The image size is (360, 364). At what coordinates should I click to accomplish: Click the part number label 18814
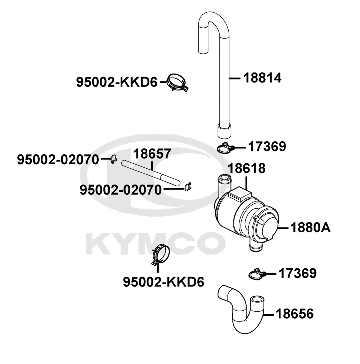coord(262,78)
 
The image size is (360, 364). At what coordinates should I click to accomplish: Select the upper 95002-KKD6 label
coord(117,83)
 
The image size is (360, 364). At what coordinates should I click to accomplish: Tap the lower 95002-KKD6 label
coord(163,281)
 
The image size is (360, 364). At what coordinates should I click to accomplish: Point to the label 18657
coord(152,154)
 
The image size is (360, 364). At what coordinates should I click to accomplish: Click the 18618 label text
coord(247,168)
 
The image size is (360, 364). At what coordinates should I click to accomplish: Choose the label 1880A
coord(310,228)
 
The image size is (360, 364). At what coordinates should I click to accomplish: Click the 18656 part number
coord(294,314)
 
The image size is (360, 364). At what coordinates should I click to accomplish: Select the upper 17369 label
coord(267,147)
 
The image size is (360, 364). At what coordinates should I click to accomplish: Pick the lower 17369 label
coord(298,274)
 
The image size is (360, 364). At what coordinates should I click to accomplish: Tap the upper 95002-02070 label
coord(58,159)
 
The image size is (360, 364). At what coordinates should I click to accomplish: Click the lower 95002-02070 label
coord(121,190)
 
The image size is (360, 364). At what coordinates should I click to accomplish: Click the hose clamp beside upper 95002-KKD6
coord(177,83)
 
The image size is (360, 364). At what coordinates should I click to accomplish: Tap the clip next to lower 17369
coord(257,274)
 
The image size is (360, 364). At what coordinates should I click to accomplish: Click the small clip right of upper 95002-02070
coord(113,159)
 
